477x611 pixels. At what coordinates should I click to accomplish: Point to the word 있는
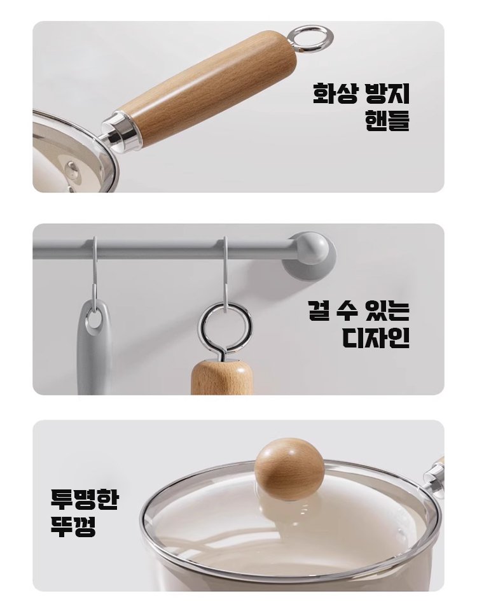tap(387, 311)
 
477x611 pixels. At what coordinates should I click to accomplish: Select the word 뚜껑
tap(73, 526)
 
